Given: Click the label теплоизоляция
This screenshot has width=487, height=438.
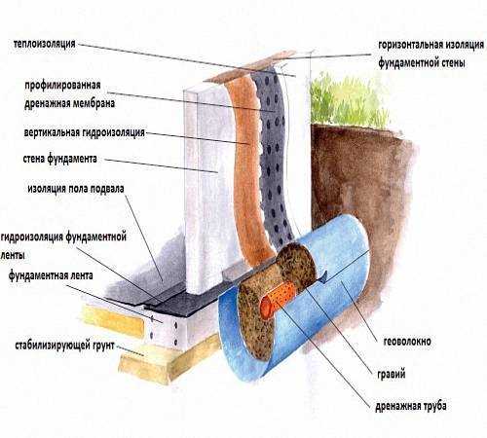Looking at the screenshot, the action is tap(45, 44).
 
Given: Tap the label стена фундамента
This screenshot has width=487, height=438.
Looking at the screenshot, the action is tap(60, 159).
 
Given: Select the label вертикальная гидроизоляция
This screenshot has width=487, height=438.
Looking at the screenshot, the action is tap(85, 132).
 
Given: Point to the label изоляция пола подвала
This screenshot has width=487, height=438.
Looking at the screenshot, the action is tap(76, 189).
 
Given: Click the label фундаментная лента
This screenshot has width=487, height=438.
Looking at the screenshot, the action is tap(51, 275).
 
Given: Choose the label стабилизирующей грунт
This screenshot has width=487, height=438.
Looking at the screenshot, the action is tap(65, 346).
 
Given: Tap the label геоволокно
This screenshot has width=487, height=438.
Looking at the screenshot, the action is tap(407, 342).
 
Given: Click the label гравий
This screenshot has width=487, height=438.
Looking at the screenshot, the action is tap(392, 374).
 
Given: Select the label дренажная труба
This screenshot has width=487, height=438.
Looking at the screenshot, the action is tap(411, 406).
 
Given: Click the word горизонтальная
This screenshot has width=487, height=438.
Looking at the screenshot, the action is tap(410, 45).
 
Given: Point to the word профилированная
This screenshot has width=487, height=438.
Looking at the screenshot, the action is tap(62, 86).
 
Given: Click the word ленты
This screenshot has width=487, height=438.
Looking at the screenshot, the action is tap(13, 255).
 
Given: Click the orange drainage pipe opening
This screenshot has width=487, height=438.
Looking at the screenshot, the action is tap(266, 308).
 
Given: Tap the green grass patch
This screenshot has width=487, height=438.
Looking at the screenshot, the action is tap(349, 99).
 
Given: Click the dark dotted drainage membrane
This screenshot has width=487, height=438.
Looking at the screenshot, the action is tap(273, 156).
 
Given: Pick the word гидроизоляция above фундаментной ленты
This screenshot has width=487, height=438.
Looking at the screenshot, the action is tap(32, 237).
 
